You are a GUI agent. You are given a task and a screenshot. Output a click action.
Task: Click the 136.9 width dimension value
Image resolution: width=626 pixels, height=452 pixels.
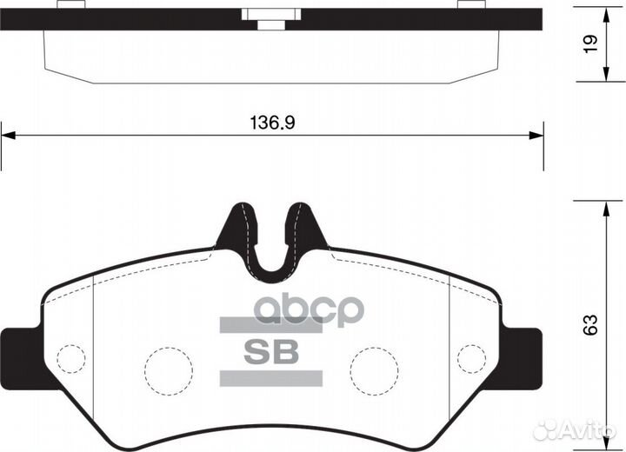pyautogui.click(x=272, y=123)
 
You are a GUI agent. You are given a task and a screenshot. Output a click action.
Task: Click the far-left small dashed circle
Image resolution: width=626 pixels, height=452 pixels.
pyautogui.click(x=71, y=358)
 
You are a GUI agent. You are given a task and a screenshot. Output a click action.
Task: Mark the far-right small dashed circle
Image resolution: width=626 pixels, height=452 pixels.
pyautogui.click(x=471, y=358)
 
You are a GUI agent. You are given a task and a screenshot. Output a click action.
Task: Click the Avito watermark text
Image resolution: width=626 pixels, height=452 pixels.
pyautogui.click(x=590, y=429)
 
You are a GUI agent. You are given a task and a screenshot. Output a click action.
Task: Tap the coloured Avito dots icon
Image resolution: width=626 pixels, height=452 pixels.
pyautogui.click(x=549, y=429)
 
